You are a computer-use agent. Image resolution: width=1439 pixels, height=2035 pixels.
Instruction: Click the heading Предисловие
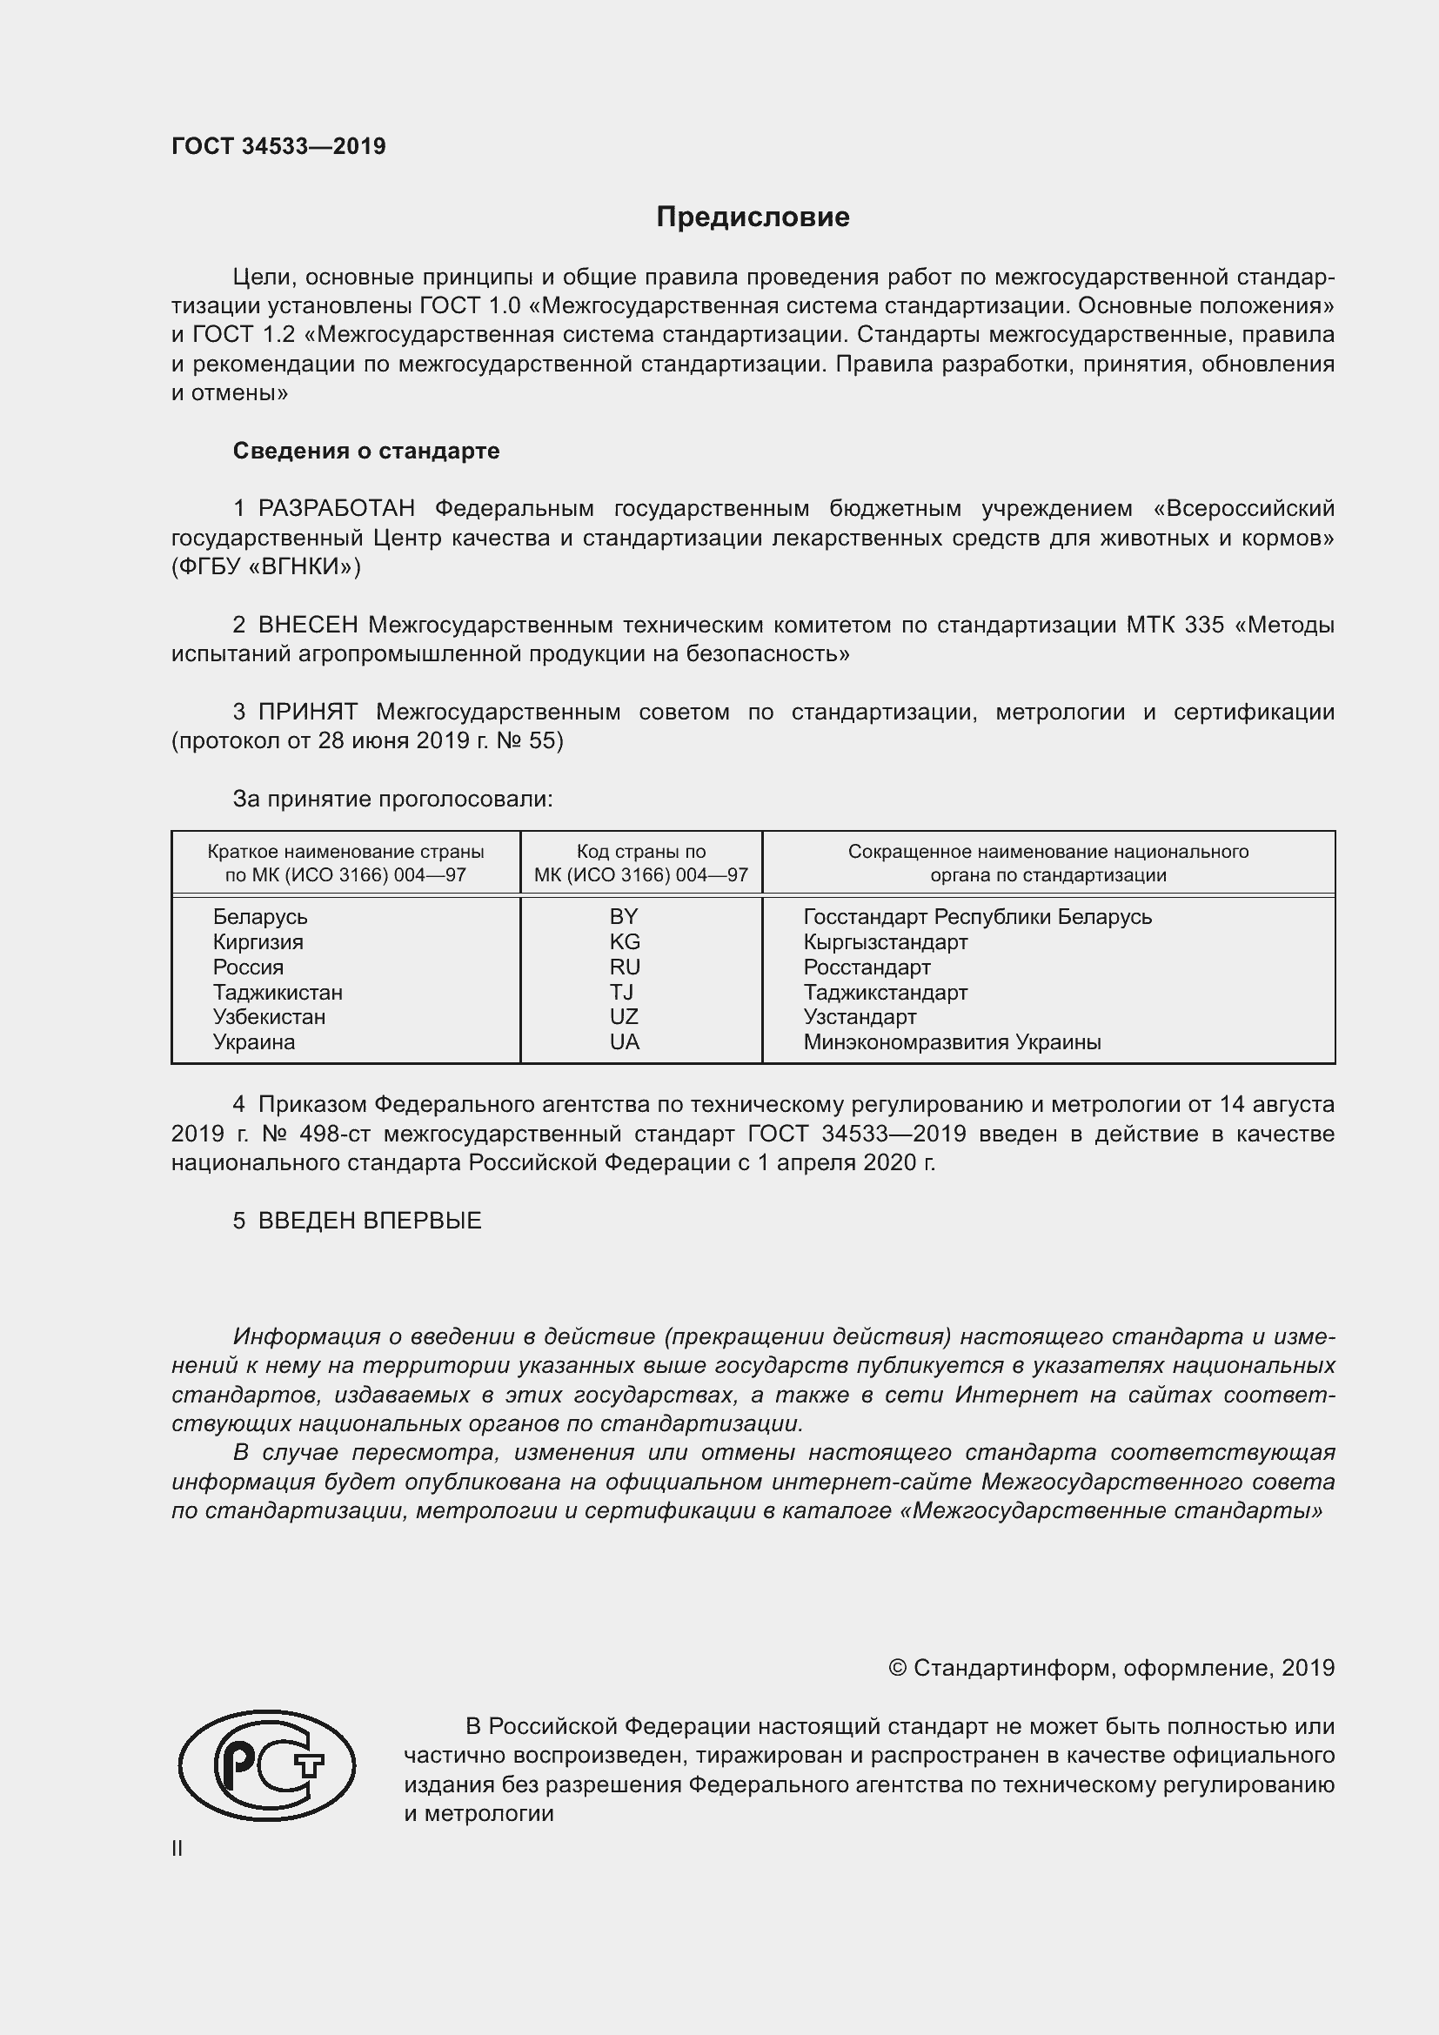[753, 218]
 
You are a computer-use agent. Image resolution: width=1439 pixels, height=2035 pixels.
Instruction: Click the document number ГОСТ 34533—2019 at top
[278, 146]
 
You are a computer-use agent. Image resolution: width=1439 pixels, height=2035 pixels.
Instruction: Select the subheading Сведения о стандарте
[366, 452]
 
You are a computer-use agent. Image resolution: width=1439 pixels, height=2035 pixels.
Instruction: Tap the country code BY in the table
[624, 916]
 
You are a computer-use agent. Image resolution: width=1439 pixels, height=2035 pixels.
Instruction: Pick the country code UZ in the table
[624, 1016]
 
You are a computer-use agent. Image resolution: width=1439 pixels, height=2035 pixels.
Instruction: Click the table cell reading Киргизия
[258, 941]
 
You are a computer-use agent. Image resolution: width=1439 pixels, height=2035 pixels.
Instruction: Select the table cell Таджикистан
[278, 992]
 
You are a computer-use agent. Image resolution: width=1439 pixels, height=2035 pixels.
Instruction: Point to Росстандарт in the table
[867, 967]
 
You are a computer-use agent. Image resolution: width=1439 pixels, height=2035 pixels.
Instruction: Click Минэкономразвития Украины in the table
[952, 1042]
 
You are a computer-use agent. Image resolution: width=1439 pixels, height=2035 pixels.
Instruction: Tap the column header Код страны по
[640, 852]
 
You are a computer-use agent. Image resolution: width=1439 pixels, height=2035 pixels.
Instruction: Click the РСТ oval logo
[267, 1784]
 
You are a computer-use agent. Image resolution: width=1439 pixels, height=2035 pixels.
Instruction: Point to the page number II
[177, 1848]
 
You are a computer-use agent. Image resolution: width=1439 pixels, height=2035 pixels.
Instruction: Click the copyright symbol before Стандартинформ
[897, 1668]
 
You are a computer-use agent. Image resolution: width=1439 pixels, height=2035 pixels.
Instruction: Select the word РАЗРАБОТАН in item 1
[337, 509]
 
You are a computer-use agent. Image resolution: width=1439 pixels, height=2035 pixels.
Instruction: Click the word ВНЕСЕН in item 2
[308, 625]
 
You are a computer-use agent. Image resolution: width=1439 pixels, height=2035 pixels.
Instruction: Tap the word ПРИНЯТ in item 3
[307, 712]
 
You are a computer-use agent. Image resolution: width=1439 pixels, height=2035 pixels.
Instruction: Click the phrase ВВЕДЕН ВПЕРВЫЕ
[370, 1221]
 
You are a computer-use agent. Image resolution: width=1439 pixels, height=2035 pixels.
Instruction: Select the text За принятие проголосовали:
[392, 799]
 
